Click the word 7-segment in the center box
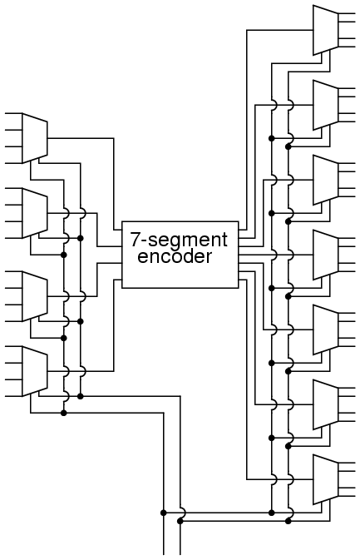[179, 240]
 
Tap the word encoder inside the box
[175, 256]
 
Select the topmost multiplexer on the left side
[35, 138]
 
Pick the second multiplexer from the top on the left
[35, 213]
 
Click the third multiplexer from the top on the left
[35, 296]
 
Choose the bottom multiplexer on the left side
[35, 371]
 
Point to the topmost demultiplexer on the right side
[325, 30]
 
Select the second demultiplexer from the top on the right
[325, 105]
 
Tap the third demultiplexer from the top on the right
[325, 180]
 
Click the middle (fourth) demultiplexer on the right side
[325, 255]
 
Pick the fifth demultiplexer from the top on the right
[325, 330]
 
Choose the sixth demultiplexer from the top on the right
[325, 404]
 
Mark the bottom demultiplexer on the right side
[325, 479]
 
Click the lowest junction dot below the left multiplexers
[64, 414]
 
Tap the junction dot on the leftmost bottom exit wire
[164, 513]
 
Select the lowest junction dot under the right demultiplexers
[288, 522]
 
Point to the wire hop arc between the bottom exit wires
[184, 513]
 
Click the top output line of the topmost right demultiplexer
[347, 13]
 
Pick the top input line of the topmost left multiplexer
[13, 113]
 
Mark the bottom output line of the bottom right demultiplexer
[347, 496]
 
